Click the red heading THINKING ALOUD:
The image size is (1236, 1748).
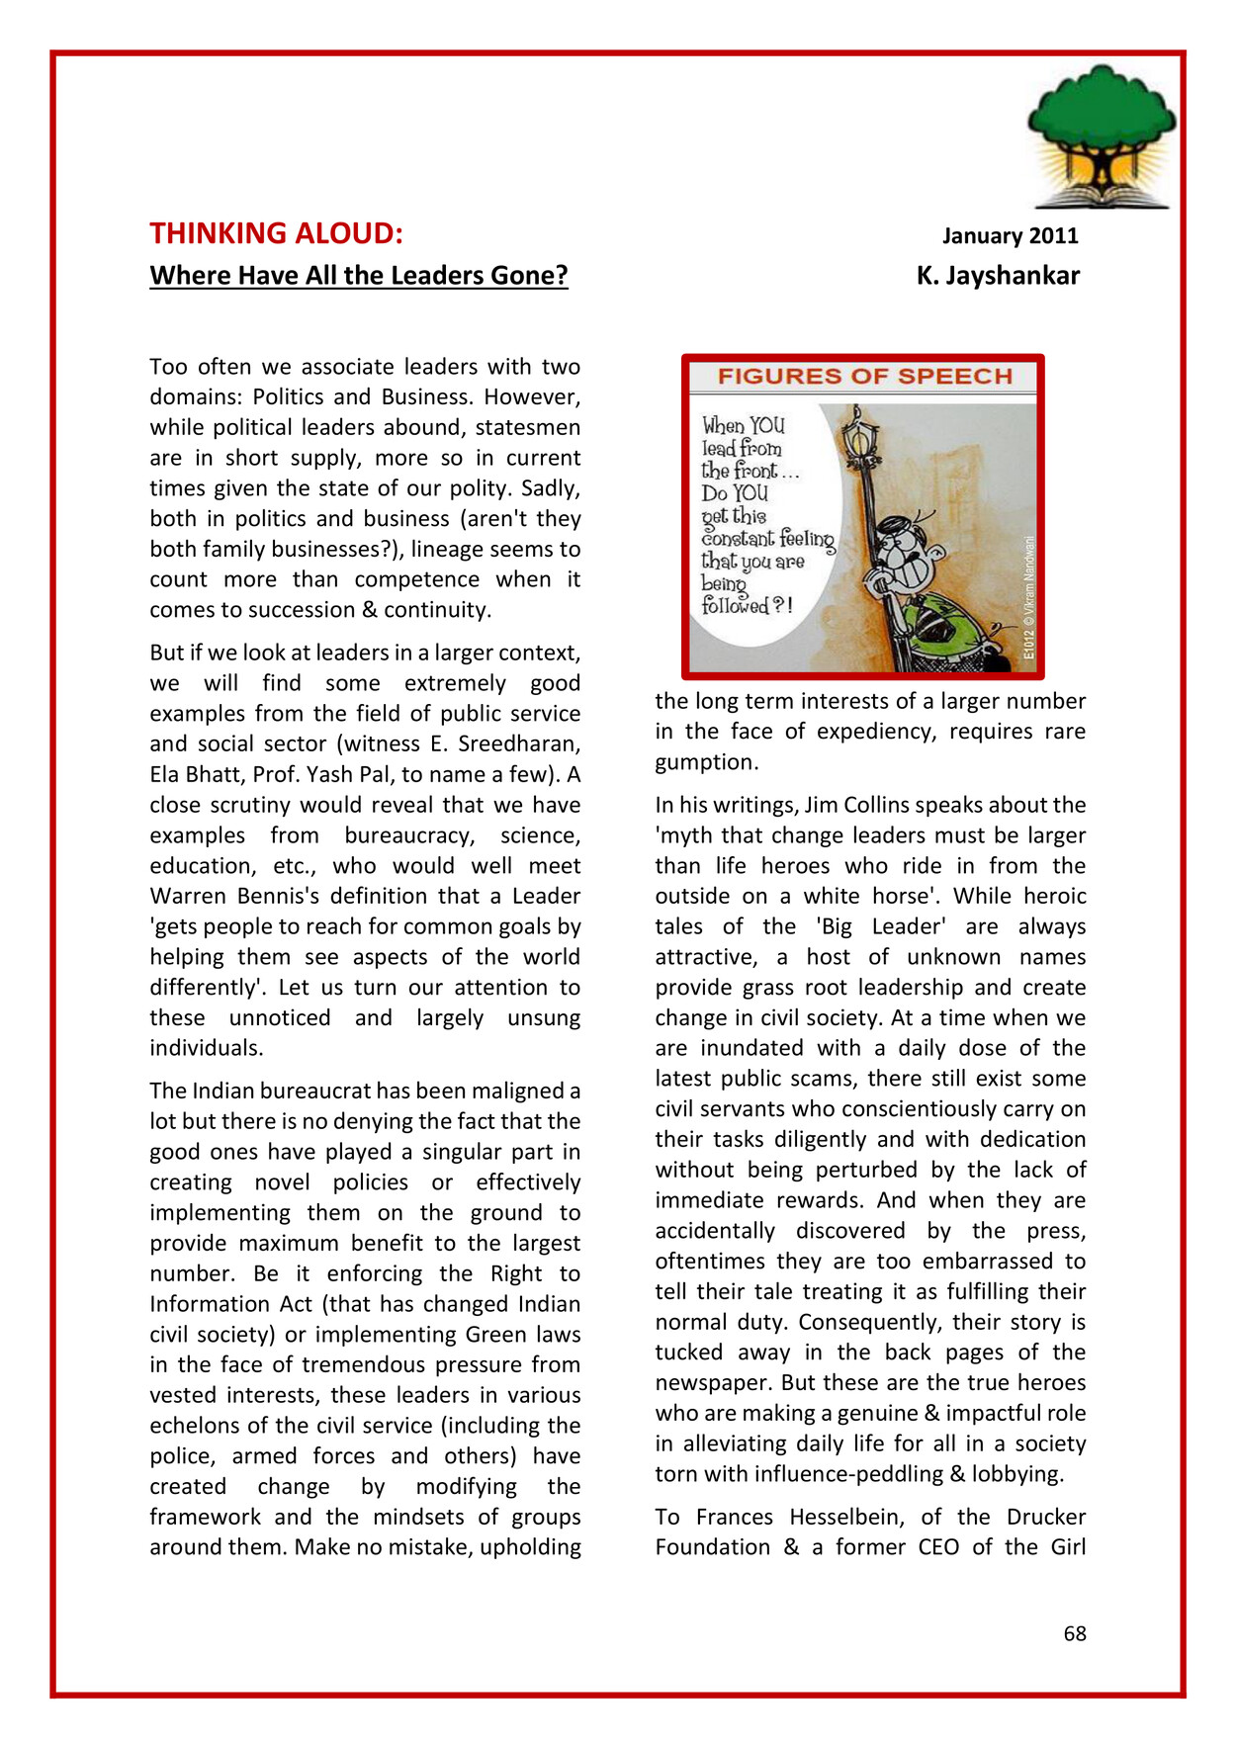(276, 233)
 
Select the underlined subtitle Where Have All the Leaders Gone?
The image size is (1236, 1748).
(359, 275)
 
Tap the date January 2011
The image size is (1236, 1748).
(1010, 235)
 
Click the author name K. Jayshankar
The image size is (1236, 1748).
(998, 275)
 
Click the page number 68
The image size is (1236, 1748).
(1074, 1634)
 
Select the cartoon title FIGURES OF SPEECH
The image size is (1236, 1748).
(864, 377)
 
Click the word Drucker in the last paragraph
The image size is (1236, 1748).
(1046, 1517)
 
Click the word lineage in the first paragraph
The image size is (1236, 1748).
(455, 549)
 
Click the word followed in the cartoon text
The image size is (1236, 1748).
(736, 605)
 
